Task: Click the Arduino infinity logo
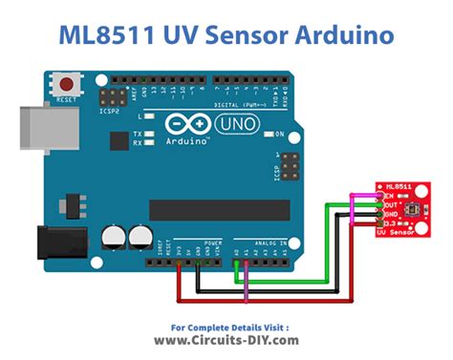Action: pyautogui.click(x=181, y=125)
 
